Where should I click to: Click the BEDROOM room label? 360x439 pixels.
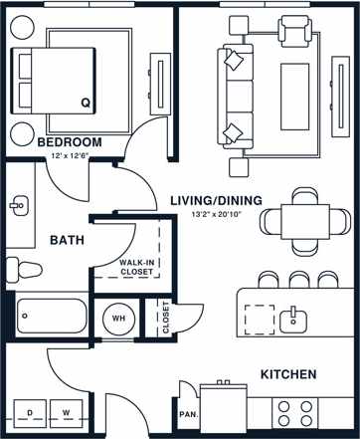70,142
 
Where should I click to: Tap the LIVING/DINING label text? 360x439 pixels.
215,200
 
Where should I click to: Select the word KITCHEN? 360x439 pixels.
288,374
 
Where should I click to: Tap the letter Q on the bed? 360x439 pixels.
85,103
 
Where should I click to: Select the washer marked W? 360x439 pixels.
67,411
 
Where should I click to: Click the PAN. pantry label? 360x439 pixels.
186,413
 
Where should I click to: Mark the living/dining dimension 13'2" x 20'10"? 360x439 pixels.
215,214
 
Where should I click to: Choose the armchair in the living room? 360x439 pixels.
294,34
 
